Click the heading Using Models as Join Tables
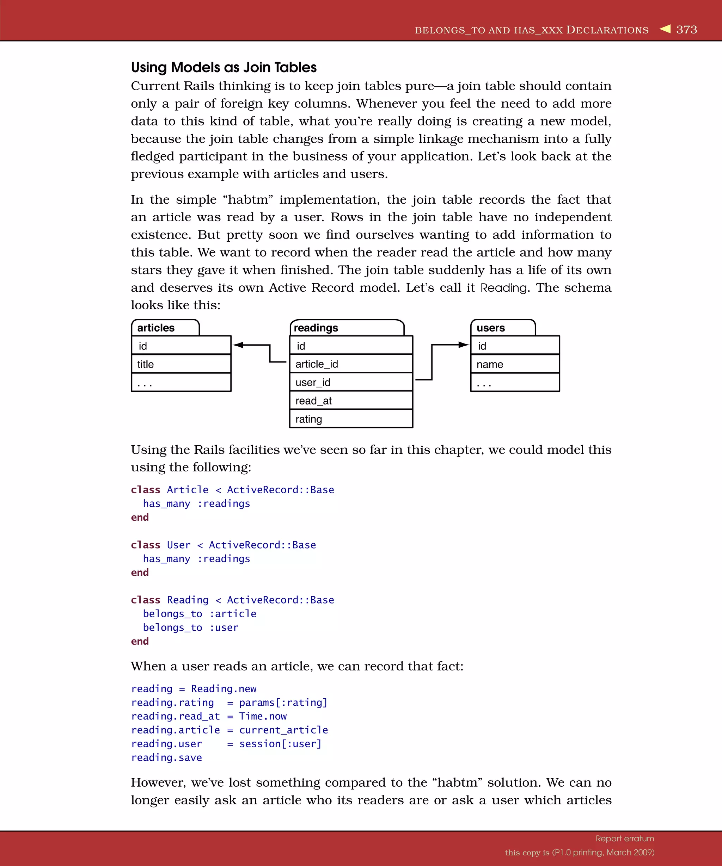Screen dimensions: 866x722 (x=224, y=67)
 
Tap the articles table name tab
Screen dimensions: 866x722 (x=165, y=328)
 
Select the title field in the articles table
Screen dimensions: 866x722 (x=181, y=364)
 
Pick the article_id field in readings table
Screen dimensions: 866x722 (x=351, y=364)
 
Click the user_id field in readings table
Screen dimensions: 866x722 (x=351, y=382)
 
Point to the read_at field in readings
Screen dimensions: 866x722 (x=351, y=401)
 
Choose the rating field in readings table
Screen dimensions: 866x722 (x=351, y=419)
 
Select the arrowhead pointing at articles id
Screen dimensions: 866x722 (x=238, y=345)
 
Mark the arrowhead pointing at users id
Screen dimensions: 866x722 (x=464, y=345)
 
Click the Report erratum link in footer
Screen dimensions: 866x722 (x=625, y=839)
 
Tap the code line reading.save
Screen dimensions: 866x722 (x=167, y=757)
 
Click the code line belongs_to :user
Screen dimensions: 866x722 (x=191, y=627)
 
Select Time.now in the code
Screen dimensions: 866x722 (x=263, y=716)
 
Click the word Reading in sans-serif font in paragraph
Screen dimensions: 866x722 (x=504, y=288)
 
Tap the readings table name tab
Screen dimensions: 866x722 (x=347, y=328)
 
